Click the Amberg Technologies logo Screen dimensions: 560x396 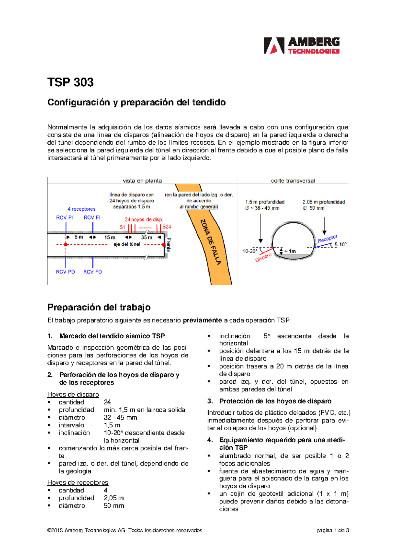301,46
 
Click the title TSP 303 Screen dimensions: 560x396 70,82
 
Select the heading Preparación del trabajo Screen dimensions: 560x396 99,307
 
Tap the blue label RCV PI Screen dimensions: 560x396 64,218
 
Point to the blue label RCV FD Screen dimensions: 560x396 92,272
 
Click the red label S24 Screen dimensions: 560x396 167,227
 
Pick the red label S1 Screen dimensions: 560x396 122,227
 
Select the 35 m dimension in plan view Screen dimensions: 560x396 147,237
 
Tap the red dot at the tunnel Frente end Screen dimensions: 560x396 164,245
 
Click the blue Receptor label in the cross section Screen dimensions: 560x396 327,239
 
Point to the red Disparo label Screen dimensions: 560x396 263,258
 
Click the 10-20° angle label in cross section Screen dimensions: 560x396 250,251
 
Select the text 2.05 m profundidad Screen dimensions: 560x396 323,202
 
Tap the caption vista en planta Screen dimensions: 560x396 142,181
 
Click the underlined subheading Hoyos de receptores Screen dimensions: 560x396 78,482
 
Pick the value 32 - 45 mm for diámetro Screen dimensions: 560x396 120,417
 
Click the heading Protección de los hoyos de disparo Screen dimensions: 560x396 275,401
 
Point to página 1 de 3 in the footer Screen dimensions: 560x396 333,530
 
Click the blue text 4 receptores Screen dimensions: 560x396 82,209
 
